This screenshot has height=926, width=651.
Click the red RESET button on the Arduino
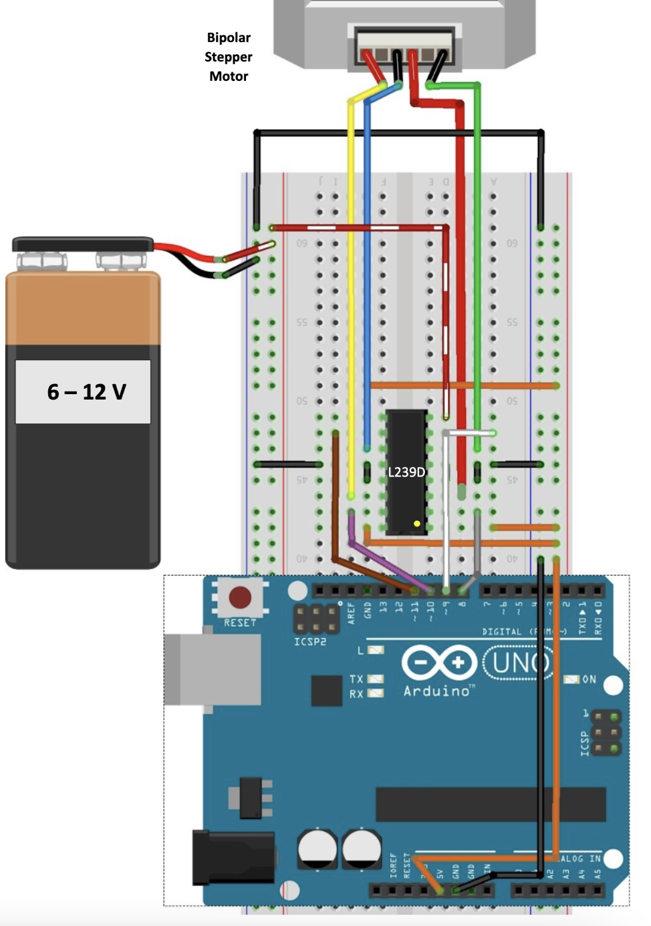point(240,597)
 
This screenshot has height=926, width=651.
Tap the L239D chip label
point(406,472)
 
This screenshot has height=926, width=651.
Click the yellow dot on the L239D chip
point(417,524)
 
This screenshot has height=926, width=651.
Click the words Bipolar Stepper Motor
point(229,57)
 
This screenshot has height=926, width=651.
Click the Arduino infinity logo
point(438,663)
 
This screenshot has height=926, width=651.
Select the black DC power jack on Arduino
point(233,857)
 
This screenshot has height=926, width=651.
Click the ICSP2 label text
point(310,642)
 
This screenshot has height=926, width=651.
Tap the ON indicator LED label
point(588,679)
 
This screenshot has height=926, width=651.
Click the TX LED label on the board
point(356,679)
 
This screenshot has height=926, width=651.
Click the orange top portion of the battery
point(84,308)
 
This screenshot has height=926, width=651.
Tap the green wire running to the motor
point(477,267)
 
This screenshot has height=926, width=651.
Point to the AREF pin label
point(352,613)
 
